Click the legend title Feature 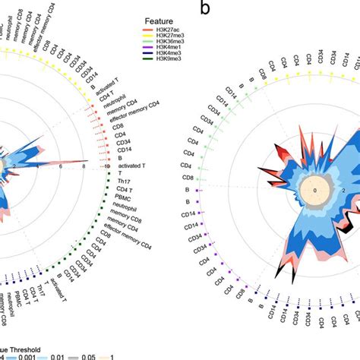point(163,14)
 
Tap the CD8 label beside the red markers point(118,126)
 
